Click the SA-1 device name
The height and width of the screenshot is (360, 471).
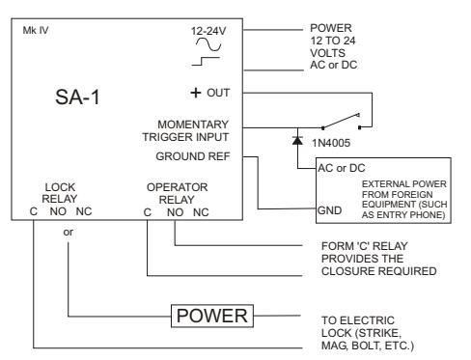[77, 97]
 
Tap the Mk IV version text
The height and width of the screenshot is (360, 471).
[36, 31]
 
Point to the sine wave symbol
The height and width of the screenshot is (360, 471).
[208, 44]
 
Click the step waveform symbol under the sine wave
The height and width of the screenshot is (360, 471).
[206, 61]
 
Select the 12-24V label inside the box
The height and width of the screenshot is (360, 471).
[208, 31]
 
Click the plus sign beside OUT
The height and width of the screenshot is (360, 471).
[196, 93]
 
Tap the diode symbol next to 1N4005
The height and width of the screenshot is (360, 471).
[297, 140]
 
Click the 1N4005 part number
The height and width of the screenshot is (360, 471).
[331, 143]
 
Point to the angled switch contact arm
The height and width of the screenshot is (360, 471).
[341, 121]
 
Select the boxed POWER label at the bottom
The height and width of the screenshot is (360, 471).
[212, 316]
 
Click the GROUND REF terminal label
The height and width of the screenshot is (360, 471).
[193, 156]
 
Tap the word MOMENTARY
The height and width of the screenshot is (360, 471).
[193, 125]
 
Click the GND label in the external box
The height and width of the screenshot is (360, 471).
[329, 210]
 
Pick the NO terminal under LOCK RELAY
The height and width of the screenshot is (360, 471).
[58, 211]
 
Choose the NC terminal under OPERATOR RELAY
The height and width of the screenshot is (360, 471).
[201, 212]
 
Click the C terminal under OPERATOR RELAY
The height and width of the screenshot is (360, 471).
[148, 212]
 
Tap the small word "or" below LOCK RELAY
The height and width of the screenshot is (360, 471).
[69, 232]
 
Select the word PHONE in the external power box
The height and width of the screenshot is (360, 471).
[427, 215]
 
